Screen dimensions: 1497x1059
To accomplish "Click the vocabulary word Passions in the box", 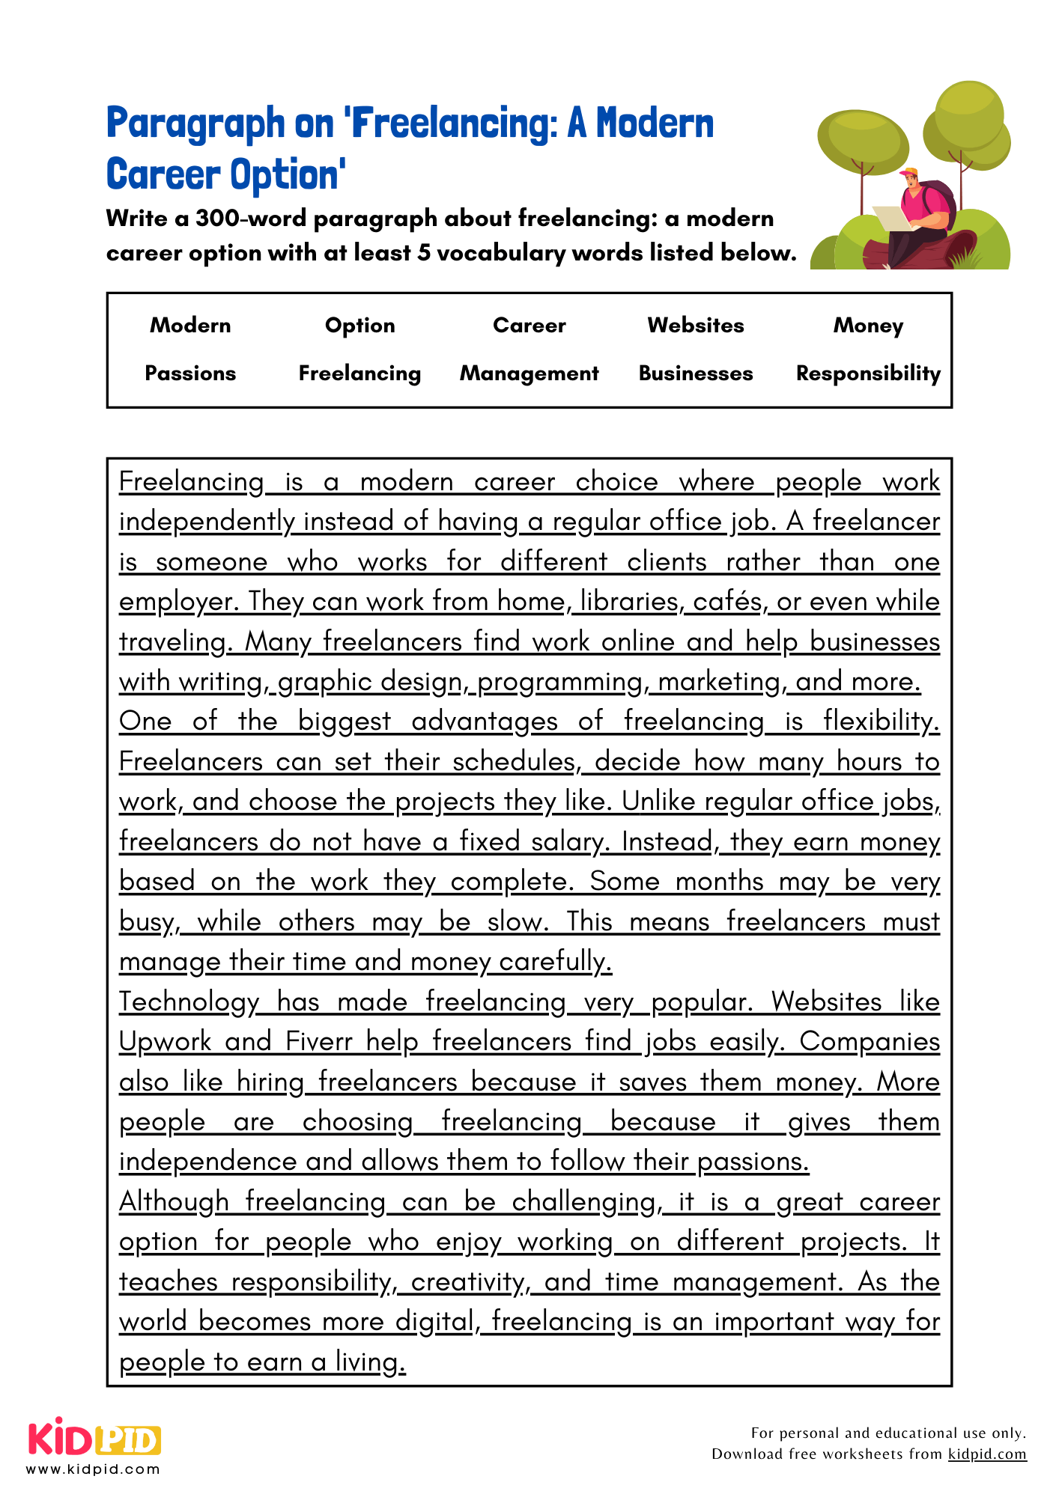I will (190, 373).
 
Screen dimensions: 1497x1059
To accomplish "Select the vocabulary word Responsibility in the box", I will (868, 373).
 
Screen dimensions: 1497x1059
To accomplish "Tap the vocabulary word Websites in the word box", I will (696, 325).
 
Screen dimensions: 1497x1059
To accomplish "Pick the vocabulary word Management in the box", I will (529, 373).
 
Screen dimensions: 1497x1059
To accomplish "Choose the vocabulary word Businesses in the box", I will (696, 373).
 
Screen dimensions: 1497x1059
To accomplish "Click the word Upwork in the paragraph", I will (166, 1041).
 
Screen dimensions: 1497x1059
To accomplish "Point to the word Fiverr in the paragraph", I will (318, 1041).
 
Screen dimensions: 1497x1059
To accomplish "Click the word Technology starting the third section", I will (189, 1001).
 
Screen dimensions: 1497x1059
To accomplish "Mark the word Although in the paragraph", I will (174, 1201).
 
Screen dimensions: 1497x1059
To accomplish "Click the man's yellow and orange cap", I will (909, 174).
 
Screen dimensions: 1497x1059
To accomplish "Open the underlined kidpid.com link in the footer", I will (986, 1454).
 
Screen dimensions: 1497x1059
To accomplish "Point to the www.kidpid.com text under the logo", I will (93, 1469).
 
